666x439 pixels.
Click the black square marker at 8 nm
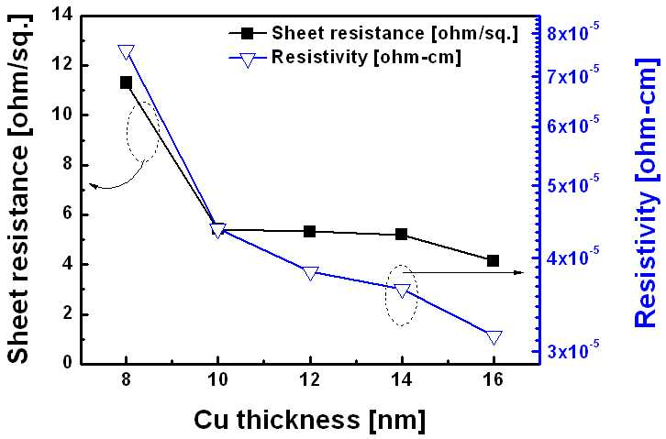pos(126,82)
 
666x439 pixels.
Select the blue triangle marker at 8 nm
pos(127,51)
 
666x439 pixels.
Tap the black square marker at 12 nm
pos(310,232)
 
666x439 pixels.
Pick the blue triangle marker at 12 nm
pos(310,273)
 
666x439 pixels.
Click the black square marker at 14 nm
pos(402,234)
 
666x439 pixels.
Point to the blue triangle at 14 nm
pos(402,291)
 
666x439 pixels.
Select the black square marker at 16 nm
pos(494,261)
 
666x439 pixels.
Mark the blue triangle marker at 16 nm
pos(494,337)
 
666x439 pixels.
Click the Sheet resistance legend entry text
pos(395,34)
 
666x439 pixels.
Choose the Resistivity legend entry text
pos(366,57)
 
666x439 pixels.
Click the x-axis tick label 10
pos(218,379)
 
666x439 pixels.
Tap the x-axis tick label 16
pos(494,379)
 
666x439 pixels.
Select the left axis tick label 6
pos(67,214)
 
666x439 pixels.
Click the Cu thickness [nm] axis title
pos(310,420)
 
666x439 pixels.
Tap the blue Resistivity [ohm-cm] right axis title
pos(647,193)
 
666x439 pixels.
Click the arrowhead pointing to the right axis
pos(519,272)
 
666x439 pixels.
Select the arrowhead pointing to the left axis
pos(94,185)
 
